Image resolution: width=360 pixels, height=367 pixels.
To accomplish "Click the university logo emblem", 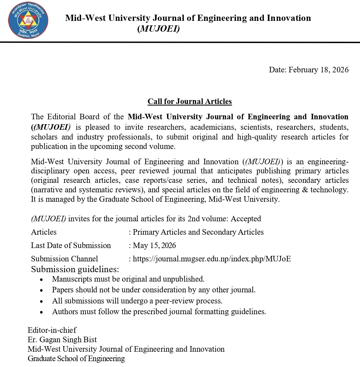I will point(28,21).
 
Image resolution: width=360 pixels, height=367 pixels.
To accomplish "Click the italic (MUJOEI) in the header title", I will point(158,29).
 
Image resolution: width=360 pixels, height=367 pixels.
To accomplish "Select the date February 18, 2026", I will point(318,69).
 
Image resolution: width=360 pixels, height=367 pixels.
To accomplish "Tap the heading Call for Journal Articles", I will point(190,101).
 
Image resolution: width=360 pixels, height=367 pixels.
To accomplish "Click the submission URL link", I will point(212,259).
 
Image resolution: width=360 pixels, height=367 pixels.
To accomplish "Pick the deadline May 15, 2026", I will point(154,245).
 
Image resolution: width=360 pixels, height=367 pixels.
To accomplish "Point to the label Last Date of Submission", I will point(71,245).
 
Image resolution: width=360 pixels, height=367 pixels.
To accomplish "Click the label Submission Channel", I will point(64,259).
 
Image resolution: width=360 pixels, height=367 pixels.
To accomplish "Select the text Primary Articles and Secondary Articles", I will point(198,232).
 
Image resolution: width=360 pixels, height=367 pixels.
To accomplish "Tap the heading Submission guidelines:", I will point(75,269).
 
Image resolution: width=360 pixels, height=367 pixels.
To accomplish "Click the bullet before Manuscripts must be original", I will point(41,280).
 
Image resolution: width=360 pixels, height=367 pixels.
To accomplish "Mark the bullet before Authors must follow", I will point(41,312).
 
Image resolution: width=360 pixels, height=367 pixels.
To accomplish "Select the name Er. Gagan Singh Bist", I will point(62,340).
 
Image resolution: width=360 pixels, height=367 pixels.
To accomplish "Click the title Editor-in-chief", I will point(52,330).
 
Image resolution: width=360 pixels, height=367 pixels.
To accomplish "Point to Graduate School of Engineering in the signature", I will point(76,359).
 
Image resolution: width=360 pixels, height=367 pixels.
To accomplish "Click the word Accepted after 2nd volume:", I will point(246,219).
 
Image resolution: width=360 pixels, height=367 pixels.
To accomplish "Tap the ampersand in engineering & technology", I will point(305,190).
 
